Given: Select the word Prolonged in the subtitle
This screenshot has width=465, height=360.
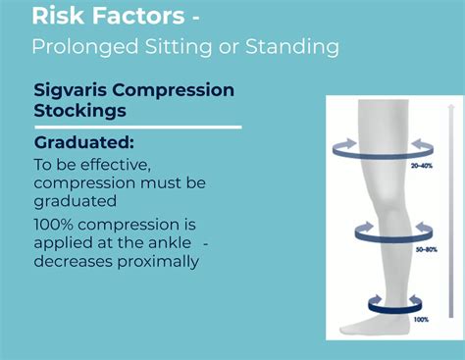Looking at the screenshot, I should (x=77, y=46).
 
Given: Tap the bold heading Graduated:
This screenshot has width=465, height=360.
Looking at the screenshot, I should (x=84, y=144).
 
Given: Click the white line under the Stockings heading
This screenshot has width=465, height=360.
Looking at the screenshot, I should (x=137, y=127).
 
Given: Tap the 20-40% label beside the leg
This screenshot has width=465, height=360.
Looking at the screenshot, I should (x=423, y=167).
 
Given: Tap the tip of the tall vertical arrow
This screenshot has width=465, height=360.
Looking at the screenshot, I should (x=451, y=102).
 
